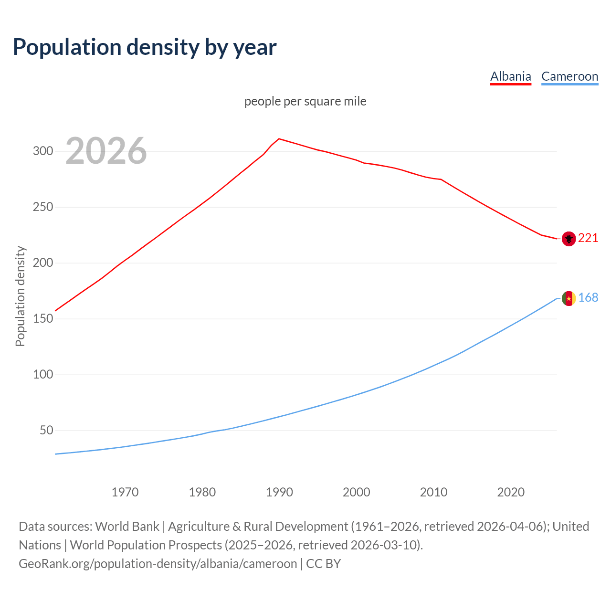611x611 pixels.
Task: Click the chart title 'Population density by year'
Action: (x=145, y=47)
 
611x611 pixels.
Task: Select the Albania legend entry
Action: (x=510, y=76)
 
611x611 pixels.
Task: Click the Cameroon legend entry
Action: (x=569, y=76)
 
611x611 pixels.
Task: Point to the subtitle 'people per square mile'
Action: (x=305, y=101)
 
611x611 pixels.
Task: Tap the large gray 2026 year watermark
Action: (x=106, y=151)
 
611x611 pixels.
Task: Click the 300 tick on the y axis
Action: (x=42, y=151)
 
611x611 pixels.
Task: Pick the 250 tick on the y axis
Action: (x=42, y=207)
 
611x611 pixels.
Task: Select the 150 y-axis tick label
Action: (x=42, y=319)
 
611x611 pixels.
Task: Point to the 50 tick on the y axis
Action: (x=46, y=431)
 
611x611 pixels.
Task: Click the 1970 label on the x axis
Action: (x=125, y=492)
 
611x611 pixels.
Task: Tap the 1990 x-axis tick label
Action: (x=279, y=492)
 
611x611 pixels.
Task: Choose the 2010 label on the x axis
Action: (x=433, y=492)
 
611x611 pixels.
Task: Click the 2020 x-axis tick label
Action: (x=511, y=492)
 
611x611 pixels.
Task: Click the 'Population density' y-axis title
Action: (x=20, y=296)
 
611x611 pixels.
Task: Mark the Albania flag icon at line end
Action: (x=569, y=238)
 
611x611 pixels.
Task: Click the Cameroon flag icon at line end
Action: (x=569, y=298)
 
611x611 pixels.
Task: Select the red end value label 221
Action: (x=588, y=238)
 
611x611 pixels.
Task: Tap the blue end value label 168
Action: (x=588, y=298)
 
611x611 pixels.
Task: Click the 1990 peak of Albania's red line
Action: (x=279, y=139)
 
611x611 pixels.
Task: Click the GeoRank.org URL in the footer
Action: (x=158, y=564)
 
